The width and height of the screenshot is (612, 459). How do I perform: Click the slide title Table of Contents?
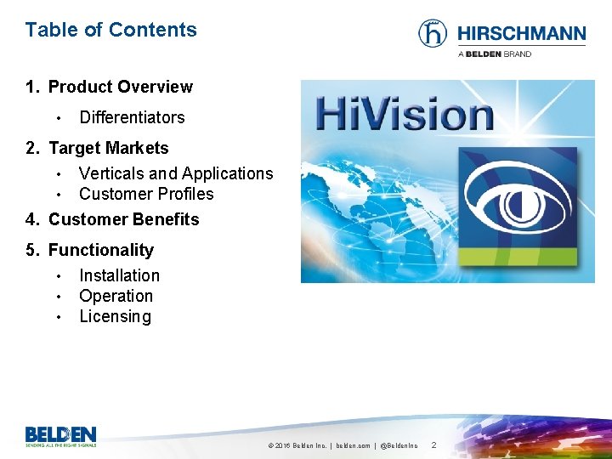coord(110,30)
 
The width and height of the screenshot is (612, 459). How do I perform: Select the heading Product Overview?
coord(120,87)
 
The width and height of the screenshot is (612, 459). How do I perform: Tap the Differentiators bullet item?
coord(132,117)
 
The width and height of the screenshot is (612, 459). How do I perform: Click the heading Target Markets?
coord(108,148)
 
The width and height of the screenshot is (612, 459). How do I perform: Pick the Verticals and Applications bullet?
coord(176,173)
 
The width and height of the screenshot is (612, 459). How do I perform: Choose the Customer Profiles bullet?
coord(146,194)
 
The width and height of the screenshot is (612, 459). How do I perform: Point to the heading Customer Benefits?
coord(123,219)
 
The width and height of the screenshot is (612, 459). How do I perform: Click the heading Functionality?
coord(100,250)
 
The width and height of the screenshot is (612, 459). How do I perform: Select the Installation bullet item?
coord(119,275)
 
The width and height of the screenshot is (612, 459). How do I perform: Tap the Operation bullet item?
coord(116,296)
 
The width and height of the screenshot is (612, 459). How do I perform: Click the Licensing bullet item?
coord(115,316)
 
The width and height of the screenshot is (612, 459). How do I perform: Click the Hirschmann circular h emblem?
coord(433,33)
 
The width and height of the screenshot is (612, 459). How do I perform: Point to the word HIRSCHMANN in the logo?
coord(521,34)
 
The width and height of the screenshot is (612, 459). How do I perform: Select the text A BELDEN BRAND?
coord(495,54)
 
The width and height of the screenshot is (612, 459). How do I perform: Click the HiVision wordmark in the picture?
coord(405,113)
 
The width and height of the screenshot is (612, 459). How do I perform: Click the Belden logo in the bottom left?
coord(60,435)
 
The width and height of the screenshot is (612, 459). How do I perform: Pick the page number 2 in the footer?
coord(433,445)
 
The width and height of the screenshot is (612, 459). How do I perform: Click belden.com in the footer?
coord(353,445)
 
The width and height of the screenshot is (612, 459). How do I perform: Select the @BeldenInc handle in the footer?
coord(399,445)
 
